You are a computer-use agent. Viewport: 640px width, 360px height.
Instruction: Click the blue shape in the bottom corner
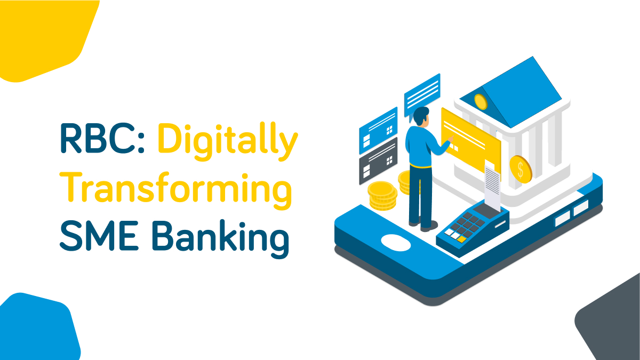point(35,331)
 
